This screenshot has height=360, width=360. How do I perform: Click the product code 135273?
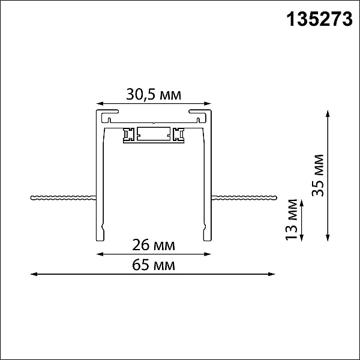[x=319, y=19]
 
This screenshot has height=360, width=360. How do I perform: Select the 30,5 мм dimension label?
[x=154, y=94]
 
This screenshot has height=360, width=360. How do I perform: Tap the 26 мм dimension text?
[x=154, y=245]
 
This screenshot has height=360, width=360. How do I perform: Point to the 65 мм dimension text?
[x=154, y=265]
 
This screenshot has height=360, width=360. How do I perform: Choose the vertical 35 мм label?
[x=318, y=176]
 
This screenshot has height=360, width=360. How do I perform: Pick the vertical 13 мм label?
[x=292, y=220]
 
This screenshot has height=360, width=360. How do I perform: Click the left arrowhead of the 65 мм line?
[x=34, y=274]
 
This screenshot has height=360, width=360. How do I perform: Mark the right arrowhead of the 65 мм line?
[x=272, y=274]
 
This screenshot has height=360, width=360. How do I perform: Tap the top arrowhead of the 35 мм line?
[x=328, y=113]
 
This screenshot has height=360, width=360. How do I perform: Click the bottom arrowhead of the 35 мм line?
[x=328, y=238]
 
